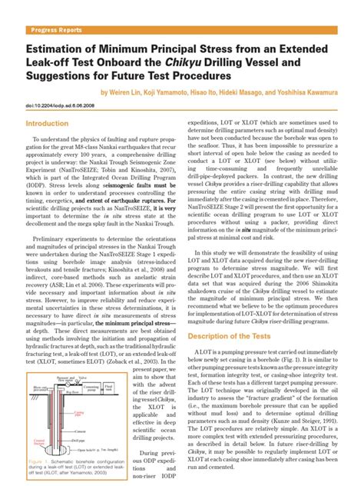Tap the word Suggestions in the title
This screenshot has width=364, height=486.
(65, 76)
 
